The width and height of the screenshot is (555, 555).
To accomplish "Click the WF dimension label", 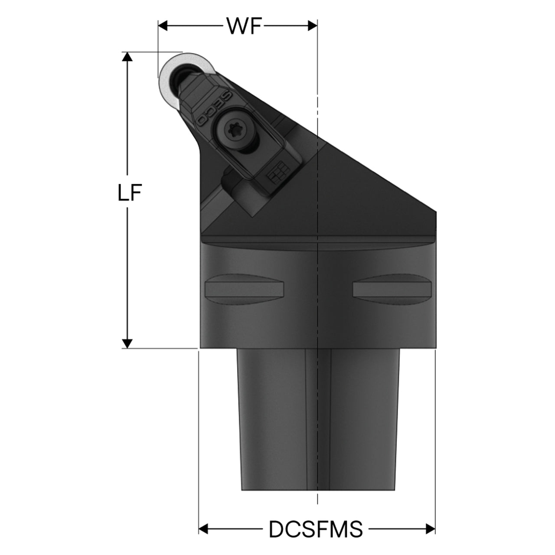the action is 244,26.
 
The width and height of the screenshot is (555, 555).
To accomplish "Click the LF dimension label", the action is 130,192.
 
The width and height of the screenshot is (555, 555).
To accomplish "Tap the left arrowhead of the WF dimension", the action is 163,26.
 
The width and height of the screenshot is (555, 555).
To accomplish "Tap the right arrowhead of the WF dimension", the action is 313,26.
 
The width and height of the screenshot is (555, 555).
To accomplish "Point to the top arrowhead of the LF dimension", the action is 127,57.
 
